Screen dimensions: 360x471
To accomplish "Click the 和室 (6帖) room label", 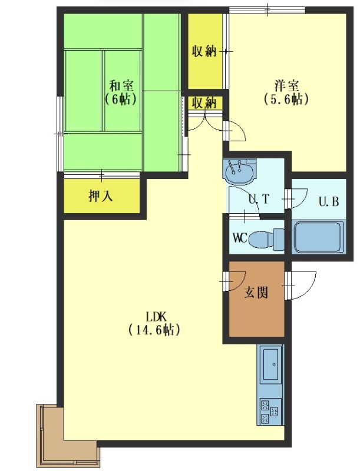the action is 121,92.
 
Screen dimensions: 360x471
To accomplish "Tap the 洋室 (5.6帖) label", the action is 286,92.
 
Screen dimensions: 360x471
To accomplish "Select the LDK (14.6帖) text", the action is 155,323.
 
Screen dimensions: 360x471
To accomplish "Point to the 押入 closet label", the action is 101,196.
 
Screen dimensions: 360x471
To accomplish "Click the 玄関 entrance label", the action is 256,292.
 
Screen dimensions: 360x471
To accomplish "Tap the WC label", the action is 240,238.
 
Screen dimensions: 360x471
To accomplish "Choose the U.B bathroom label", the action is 329,201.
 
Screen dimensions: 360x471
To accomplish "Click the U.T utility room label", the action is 259,199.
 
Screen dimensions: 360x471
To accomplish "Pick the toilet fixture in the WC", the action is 266,240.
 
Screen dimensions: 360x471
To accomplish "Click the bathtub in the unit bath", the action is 319,237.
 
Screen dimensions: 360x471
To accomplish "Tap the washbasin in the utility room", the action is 239,171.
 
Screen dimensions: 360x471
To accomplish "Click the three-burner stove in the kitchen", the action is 270,411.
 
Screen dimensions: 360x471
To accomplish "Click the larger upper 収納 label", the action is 204,51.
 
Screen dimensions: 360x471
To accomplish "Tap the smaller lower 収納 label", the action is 204,103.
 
